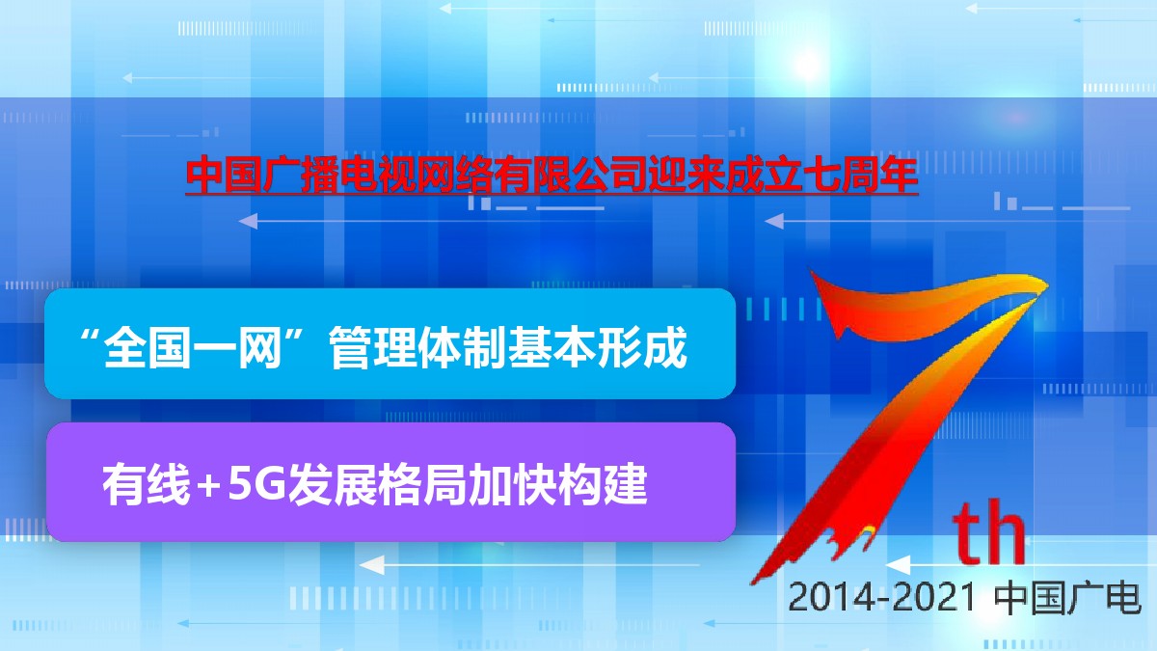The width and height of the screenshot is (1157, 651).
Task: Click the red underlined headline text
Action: (552, 176)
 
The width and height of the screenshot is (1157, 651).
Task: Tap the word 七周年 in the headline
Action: (860, 176)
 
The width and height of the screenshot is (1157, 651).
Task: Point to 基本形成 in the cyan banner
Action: (598, 347)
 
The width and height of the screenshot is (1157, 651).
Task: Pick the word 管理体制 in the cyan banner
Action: (418, 347)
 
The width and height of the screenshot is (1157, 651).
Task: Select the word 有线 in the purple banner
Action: (147, 484)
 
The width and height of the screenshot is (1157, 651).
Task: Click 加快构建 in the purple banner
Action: (557, 484)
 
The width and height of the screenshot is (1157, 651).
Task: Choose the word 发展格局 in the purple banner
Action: (377, 484)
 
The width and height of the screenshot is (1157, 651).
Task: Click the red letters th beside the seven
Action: (988, 533)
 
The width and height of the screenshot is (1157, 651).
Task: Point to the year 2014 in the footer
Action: (821, 597)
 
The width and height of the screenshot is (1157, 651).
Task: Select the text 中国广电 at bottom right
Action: (1067, 598)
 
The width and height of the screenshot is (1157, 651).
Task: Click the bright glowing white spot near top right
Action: (808, 66)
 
